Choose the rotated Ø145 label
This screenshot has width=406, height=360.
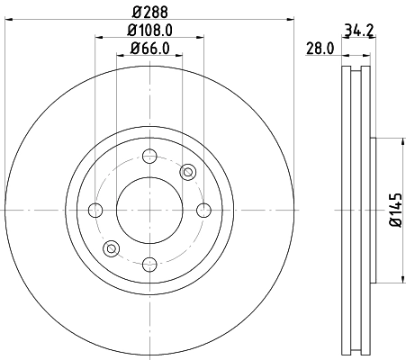coord(394,210)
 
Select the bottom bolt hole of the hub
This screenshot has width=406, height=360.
coord(149,264)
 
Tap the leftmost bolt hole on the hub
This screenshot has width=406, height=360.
coord(96,211)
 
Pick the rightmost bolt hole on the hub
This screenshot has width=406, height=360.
coord(203,211)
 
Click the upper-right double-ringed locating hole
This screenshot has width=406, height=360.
coord(187,172)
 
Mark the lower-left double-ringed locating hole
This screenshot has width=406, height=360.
coord(112,248)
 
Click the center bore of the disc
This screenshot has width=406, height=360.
coord(149,211)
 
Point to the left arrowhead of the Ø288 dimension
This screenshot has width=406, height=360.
coord(7,18)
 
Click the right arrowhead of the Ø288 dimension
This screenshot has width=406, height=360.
coord(292,18)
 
